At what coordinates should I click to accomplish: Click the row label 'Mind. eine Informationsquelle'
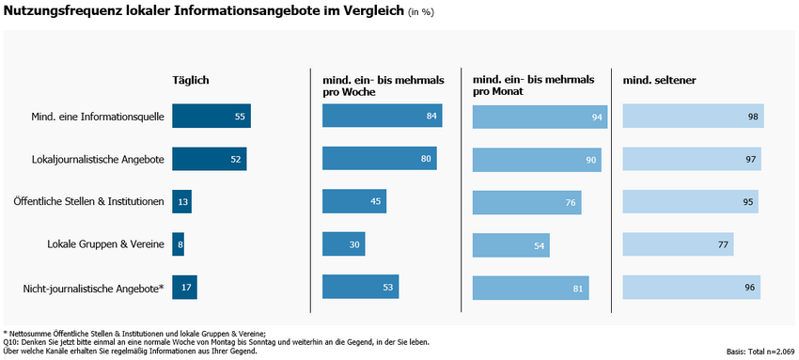tap(97, 117)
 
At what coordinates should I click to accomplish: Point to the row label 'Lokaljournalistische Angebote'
tap(98, 160)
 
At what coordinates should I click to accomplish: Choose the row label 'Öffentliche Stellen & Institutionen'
tap(89, 202)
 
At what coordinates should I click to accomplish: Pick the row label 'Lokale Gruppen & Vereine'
tap(105, 244)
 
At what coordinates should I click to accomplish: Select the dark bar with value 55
tap(211, 117)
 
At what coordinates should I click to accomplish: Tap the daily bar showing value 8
tap(178, 244)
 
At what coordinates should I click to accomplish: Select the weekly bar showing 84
tap(382, 117)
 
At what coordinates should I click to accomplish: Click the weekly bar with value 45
tap(354, 202)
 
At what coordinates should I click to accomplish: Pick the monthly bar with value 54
tap(510, 244)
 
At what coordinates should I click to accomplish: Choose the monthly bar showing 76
tap(526, 202)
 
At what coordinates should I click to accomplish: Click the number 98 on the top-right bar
tap(753, 117)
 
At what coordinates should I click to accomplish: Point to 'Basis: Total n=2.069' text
tap(760, 352)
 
